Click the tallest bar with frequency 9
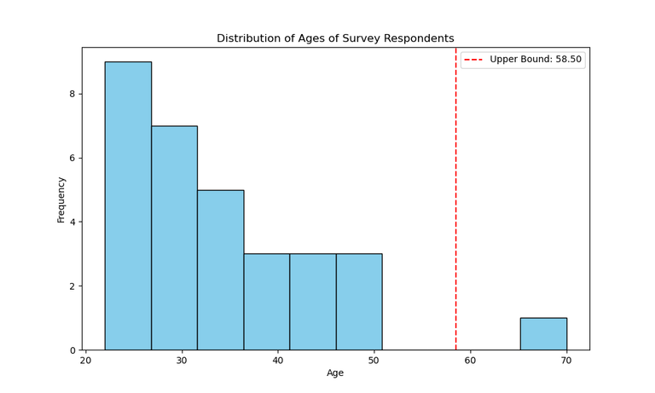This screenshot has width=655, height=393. coord(128,205)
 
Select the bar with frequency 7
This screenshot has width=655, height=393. coord(174,238)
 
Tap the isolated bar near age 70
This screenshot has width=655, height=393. coord(543,333)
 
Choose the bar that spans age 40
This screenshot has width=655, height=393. coord(266,302)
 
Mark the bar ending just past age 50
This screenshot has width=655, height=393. coord(359,302)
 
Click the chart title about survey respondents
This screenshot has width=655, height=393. coord(335,38)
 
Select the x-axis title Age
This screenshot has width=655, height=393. coord(335,373)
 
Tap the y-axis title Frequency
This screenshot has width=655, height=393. coord(61,199)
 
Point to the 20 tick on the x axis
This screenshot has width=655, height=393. coord(86,361)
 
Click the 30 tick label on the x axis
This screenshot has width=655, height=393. coord(182,361)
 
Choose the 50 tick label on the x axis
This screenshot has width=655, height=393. coord(374,361)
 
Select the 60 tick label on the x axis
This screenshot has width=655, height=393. coord(471,361)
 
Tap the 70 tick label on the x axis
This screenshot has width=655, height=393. coord(566,361)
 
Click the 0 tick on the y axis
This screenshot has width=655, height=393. coord(72,350)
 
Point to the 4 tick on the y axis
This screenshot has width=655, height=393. coord(72,223)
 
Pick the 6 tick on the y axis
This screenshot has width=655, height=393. coord(72,159)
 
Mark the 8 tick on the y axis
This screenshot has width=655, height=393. coord(72,94)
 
